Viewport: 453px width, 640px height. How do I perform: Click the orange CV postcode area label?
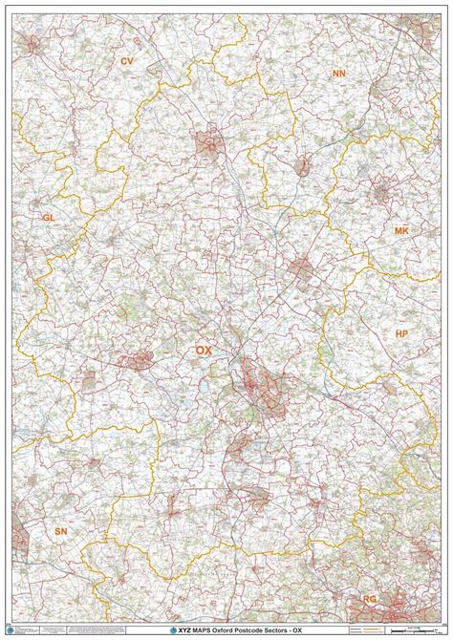tap(125, 60)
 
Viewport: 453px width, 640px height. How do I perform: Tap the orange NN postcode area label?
tap(338, 74)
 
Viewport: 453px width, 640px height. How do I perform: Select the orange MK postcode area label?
tap(401, 231)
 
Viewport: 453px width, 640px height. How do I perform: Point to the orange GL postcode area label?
tap(48, 218)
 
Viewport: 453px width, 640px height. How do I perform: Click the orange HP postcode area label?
tap(401, 333)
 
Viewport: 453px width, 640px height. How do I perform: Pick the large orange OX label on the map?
tap(204, 351)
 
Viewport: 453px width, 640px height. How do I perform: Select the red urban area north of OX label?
tap(208, 145)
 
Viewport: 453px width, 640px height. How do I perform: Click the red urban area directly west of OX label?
tap(139, 360)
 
